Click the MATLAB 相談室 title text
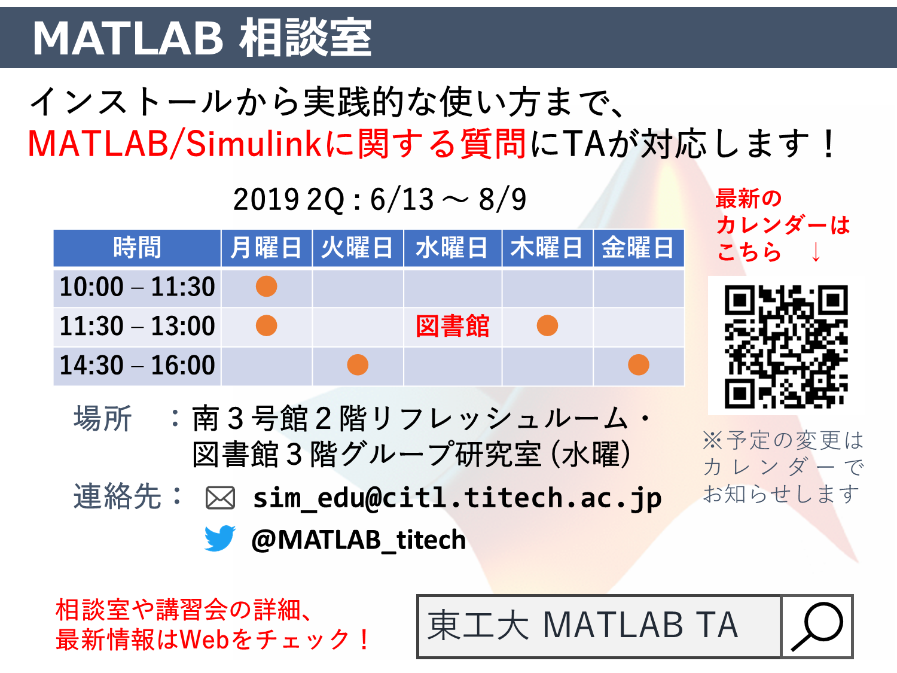(202, 38)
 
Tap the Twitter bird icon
(220, 538)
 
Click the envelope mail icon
(220, 498)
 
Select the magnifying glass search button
(817, 626)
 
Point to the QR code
(786, 346)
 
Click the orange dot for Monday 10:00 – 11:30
(267, 286)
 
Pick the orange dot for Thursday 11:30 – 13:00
(547, 325)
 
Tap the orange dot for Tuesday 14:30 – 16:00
(358, 364)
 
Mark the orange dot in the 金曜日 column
(638, 364)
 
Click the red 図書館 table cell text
(452, 325)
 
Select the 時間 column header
(138, 248)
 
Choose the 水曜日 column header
(452, 248)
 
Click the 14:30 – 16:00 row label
(138, 364)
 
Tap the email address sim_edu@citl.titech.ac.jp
(457, 498)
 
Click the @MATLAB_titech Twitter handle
(358, 540)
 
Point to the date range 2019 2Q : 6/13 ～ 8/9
(380, 199)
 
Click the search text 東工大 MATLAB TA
(582, 625)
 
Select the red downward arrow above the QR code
(816, 251)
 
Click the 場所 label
(102, 418)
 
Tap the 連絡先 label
(117, 496)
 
